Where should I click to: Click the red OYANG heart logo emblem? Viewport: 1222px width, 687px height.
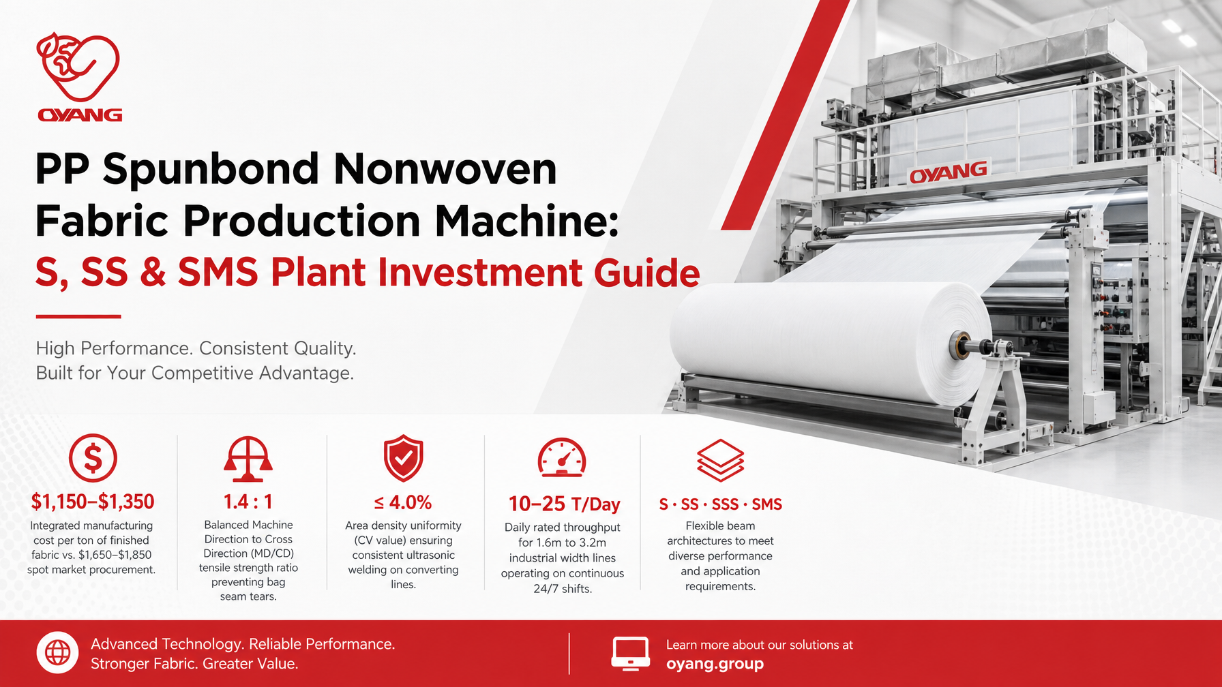point(78,67)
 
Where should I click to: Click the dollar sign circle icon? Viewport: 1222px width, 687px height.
point(93,458)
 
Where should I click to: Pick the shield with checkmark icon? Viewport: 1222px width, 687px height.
point(403,458)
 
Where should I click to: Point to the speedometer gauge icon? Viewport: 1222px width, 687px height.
point(562,457)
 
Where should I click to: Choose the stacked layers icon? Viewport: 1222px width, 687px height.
point(720,460)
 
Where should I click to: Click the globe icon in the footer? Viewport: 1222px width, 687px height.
point(57,653)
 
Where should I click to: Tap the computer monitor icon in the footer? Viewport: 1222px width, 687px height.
point(630,654)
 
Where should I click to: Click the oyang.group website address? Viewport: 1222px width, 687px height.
point(715,664)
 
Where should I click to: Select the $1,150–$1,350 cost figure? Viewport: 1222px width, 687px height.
point(93,502)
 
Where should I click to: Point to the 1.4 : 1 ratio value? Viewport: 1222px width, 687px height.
point(248,502)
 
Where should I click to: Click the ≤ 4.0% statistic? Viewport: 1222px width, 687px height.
point(403,503)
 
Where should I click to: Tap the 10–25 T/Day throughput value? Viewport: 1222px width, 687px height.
point(564,504)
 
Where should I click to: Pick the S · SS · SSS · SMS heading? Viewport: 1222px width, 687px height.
point(720,504)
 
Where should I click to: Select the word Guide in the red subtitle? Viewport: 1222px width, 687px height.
point(647,273)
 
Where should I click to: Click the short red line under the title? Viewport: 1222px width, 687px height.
point(78,317)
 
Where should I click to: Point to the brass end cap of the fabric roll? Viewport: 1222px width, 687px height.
point(962,345)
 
